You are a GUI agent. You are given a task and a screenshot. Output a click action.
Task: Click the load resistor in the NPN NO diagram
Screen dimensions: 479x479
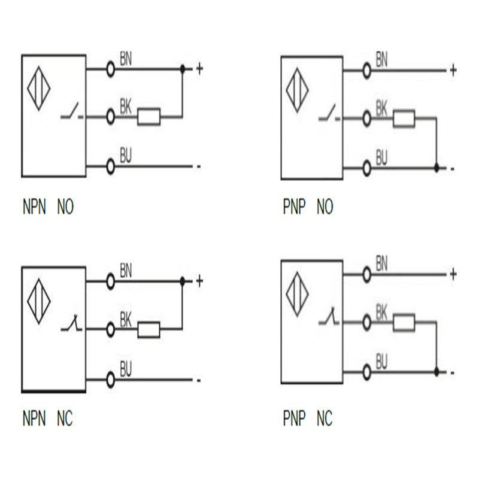pyautogui.click(x=149, y=117)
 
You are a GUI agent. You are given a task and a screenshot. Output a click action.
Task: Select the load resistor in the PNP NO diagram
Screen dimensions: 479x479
pyautogui.click(x=404, y=119)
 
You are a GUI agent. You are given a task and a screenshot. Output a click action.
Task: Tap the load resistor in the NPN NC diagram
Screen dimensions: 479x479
pyautogui.click(x=149, y=329)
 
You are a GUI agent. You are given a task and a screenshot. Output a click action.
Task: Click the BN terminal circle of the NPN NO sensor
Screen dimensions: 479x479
pyautogui.click(x=110, y=69)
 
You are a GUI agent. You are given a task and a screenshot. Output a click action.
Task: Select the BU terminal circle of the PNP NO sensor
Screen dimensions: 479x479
pyautogui.click(x=366, y=168)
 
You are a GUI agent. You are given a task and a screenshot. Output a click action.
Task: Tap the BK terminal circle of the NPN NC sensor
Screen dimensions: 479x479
pyautogui.click(x=110, y=329)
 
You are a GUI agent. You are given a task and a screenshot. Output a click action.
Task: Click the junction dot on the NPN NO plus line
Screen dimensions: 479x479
pyautogui.click(x=183, y=69)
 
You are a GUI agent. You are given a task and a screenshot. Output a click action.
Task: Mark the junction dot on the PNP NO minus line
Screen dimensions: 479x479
pyautogui.click(x=436, y=168)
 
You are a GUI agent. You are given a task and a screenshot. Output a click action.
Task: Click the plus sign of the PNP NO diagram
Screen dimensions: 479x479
pyautogui.click(x=453, y=71)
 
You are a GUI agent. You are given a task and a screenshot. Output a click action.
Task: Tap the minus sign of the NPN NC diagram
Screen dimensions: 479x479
pyautogui.click(x=198, y=380)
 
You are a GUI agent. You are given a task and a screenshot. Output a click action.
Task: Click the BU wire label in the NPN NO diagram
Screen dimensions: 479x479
pyautogui.click(x=126, y=157)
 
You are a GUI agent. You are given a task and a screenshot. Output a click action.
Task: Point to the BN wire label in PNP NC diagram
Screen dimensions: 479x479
pyautogui.click(x=381, y=262)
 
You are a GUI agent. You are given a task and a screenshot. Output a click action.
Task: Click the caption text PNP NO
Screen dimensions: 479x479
pyautogui.click(x=307, y=208)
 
